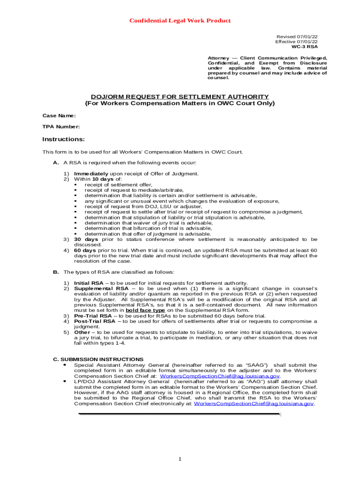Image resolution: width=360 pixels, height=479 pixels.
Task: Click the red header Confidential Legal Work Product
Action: [x=180, y=21]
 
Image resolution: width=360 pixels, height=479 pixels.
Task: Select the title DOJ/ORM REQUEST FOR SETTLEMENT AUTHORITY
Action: [x=180, y=96]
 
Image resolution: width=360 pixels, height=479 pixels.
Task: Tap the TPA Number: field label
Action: [x=61, y=127]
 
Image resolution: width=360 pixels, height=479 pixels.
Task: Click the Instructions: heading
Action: [x=64, y=139]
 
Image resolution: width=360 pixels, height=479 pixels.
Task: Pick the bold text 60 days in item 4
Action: [x=85, y=250]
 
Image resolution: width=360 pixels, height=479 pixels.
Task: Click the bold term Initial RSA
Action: [x=89, y=283]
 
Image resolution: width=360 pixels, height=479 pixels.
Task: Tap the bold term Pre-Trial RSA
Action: [x=93, y=316]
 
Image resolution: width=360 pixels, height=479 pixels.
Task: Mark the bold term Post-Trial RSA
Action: [x=94, y=321]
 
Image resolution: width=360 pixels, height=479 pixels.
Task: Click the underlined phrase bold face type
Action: [x=145, y=310]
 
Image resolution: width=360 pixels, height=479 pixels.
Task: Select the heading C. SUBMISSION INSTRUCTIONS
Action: [x=98, y=359]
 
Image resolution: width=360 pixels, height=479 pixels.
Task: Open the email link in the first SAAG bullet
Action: [x=220, y=376]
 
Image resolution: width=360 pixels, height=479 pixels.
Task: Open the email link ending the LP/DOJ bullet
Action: [x=253, y=404]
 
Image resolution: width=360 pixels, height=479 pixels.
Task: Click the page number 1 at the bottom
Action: [x=180, y=459]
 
